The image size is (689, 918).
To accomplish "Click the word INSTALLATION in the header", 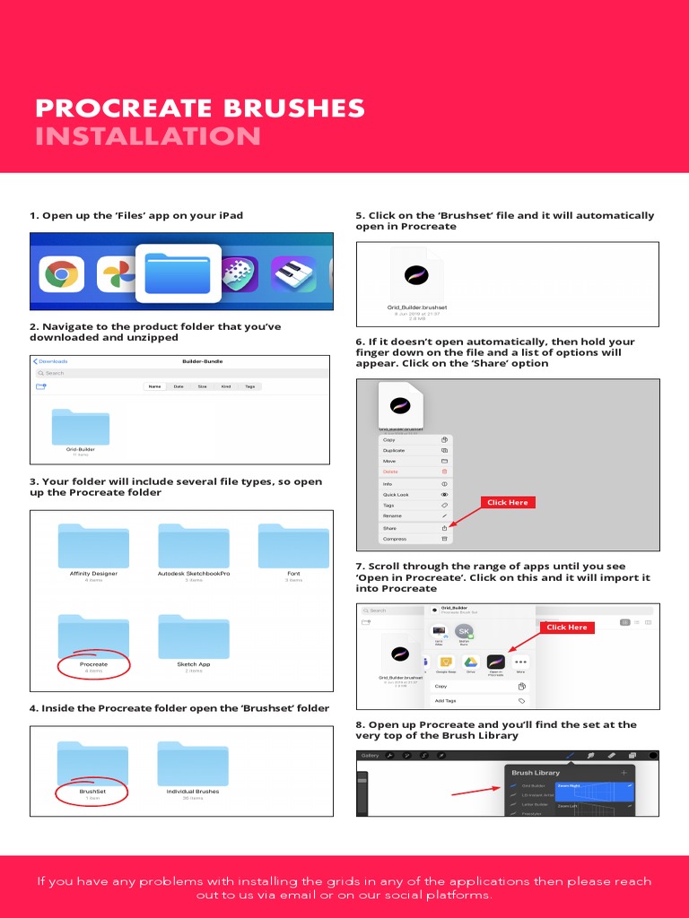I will click(148, 136).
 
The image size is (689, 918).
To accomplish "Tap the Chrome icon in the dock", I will click(61, 274).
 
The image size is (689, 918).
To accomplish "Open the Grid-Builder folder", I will click(81, 429).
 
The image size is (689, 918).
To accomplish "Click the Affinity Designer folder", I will click(93, 546).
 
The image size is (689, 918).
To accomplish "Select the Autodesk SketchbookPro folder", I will click(194, 546).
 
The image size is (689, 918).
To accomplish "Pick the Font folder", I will click(293, 546).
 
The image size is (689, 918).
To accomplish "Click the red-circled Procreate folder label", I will click(93, 664).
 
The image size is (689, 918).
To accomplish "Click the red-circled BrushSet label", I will click(92, 792).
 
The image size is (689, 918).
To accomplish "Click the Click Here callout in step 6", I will click(507, 503).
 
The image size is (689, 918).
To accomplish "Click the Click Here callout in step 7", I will click(567, 628).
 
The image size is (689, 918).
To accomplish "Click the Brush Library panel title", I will click(536, 773).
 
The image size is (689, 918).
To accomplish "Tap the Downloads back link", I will click(50, 361).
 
